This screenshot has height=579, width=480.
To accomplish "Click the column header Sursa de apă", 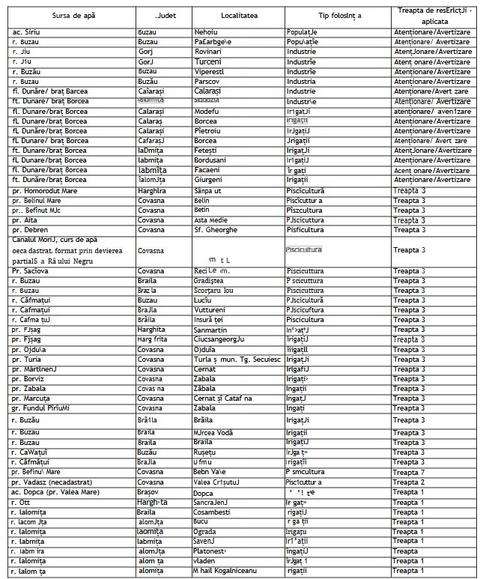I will click(x=71, y=16).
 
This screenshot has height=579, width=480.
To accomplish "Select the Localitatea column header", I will click(x=239, y=16).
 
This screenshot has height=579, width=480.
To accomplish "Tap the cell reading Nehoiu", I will click(x=206, y=33).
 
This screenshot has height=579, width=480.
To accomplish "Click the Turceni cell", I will click(x=207, y=62).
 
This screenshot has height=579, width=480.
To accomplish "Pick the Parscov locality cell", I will click(x=209, y=82).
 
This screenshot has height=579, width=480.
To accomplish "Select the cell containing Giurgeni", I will click(x=210, y=180).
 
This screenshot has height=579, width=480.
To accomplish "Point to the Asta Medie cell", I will click(x=212, y=220).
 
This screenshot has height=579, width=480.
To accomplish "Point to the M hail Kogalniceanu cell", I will click(x=225, y=571).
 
